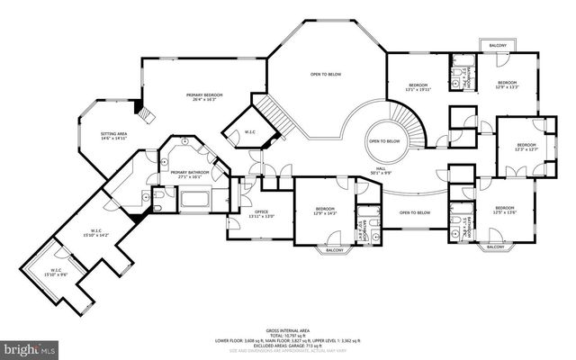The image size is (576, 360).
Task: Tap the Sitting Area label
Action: [112, 135]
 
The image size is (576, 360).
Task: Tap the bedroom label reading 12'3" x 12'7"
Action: [526, 147]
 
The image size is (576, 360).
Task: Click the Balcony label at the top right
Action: [498, 44]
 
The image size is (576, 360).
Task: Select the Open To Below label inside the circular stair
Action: [384, 141]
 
